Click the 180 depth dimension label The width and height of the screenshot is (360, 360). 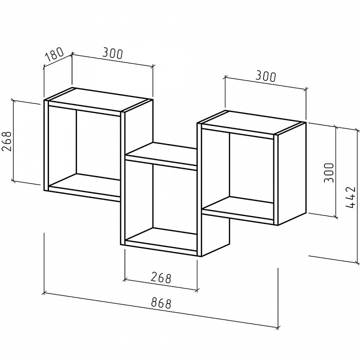(54, 54)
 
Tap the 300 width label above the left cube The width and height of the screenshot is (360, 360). (112, 53)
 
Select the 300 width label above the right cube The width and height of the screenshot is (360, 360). (265, 76)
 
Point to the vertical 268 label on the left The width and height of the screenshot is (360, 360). (6, 141)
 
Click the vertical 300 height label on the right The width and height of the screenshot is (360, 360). (328, 172)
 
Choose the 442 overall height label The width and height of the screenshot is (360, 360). (350, 197)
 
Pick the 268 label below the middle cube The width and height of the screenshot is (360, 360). (161, 278)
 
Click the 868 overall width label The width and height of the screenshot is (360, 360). (161, 303)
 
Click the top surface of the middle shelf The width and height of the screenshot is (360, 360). (161, 153)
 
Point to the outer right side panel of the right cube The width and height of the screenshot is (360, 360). (292, 173)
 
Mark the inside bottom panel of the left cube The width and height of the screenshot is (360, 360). (84, 184)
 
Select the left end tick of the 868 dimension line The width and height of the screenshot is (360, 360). (44, 293)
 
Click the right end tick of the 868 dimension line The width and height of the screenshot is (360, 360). (278, 327)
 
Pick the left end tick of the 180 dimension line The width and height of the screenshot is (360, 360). (44, 67)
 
